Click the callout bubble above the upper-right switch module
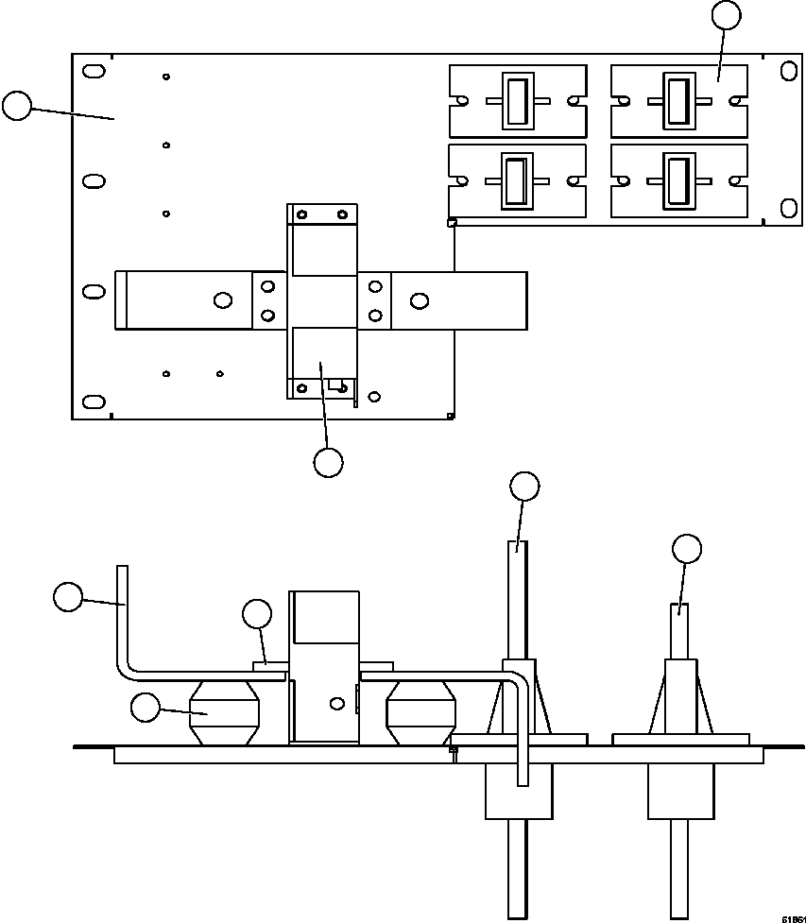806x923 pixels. coord(726,15)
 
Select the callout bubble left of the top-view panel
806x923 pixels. coord(17,106)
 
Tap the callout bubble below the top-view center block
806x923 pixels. coord(328,462)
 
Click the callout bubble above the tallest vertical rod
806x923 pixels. coord(524,487)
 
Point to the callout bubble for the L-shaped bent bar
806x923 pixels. coord(68,597)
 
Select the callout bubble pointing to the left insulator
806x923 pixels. coord(146,708)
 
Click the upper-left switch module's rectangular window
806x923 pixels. coord(517,100)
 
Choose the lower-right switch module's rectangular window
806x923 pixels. coord(677,180)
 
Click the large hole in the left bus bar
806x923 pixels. coord(223,300)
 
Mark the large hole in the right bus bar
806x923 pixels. coord(419,300)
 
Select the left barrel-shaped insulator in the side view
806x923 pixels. coord(223,713)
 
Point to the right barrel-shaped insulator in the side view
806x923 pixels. coord(421,713)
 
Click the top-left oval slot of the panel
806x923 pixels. coord(94,72)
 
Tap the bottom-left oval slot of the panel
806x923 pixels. coord(94,402)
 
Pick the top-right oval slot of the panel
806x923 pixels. coord(787,72)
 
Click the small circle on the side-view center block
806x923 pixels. coord(335,704)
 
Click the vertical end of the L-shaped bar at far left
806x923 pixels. coord(121,605)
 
